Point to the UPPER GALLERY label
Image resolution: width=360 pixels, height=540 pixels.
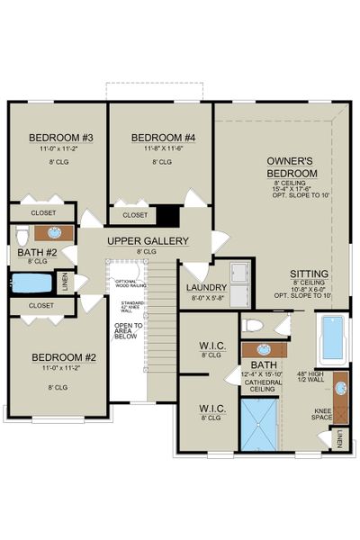coord(148,241)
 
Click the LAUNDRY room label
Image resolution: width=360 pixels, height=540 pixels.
coord(205,288)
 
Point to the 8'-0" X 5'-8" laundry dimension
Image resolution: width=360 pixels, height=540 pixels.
coord(205,298)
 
